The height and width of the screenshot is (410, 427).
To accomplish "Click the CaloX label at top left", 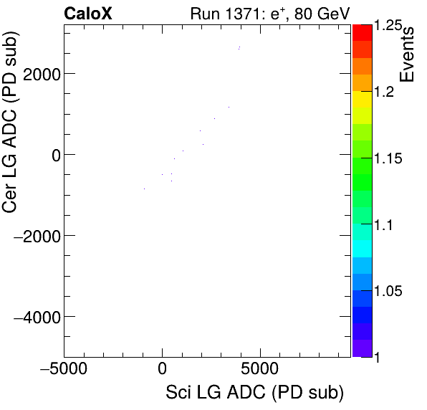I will pos(88,13).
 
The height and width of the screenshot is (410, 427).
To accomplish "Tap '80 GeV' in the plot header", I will pos(320,13).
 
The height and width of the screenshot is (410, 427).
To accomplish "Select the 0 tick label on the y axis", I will pos(52,155).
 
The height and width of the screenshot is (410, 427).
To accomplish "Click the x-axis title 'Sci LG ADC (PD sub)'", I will pos(254,394).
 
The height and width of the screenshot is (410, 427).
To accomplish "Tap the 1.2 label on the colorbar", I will pos(386,92).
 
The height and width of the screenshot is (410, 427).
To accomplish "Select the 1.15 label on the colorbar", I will pos(390,158).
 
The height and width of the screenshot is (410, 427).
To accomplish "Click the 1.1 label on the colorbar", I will pos(386,225).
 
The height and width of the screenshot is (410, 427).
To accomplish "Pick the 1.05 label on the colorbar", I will pos(390,291).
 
